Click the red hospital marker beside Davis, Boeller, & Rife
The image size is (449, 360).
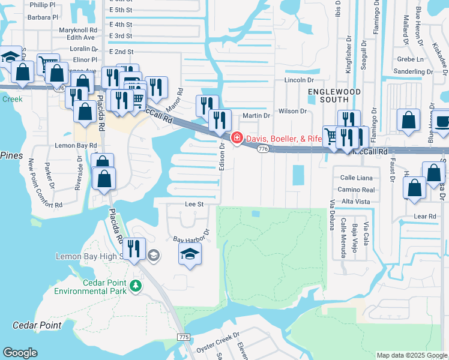click(x=237, y=139)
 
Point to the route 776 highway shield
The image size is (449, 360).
click(x=262, y=148)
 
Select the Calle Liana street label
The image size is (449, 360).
click(x=357, y=178)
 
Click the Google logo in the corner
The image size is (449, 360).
click(x=20, y=353)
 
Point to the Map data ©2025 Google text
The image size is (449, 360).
click(x=412, y=355)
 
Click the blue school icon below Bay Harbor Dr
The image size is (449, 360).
click(x=190, y=254)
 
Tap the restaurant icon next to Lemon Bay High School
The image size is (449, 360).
click(x=133, y=249)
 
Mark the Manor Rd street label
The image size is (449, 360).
click(x=173, y=95)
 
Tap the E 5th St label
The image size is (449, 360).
click(x=120, y=10)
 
